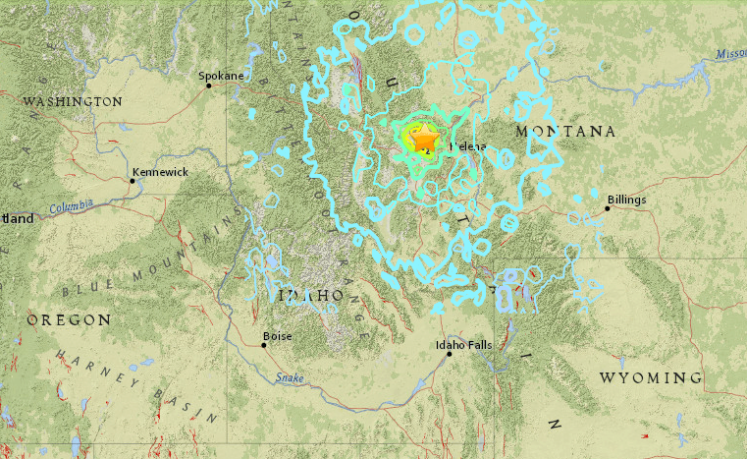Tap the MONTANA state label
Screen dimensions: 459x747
point(564,131)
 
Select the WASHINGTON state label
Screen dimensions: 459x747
point(73,101)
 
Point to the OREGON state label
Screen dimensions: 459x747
point(68,320)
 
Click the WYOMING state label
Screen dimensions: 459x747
point(651,377)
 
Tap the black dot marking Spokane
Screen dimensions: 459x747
point(209,86)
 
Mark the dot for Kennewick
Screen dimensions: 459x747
point(133,180)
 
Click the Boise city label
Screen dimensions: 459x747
point(278,336)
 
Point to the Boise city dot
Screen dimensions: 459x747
point(263,345)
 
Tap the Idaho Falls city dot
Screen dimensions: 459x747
point(450,354)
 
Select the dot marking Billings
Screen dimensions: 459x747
point(608,207)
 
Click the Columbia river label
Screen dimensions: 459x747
point(73,206)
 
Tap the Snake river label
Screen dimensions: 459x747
point(291,375)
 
